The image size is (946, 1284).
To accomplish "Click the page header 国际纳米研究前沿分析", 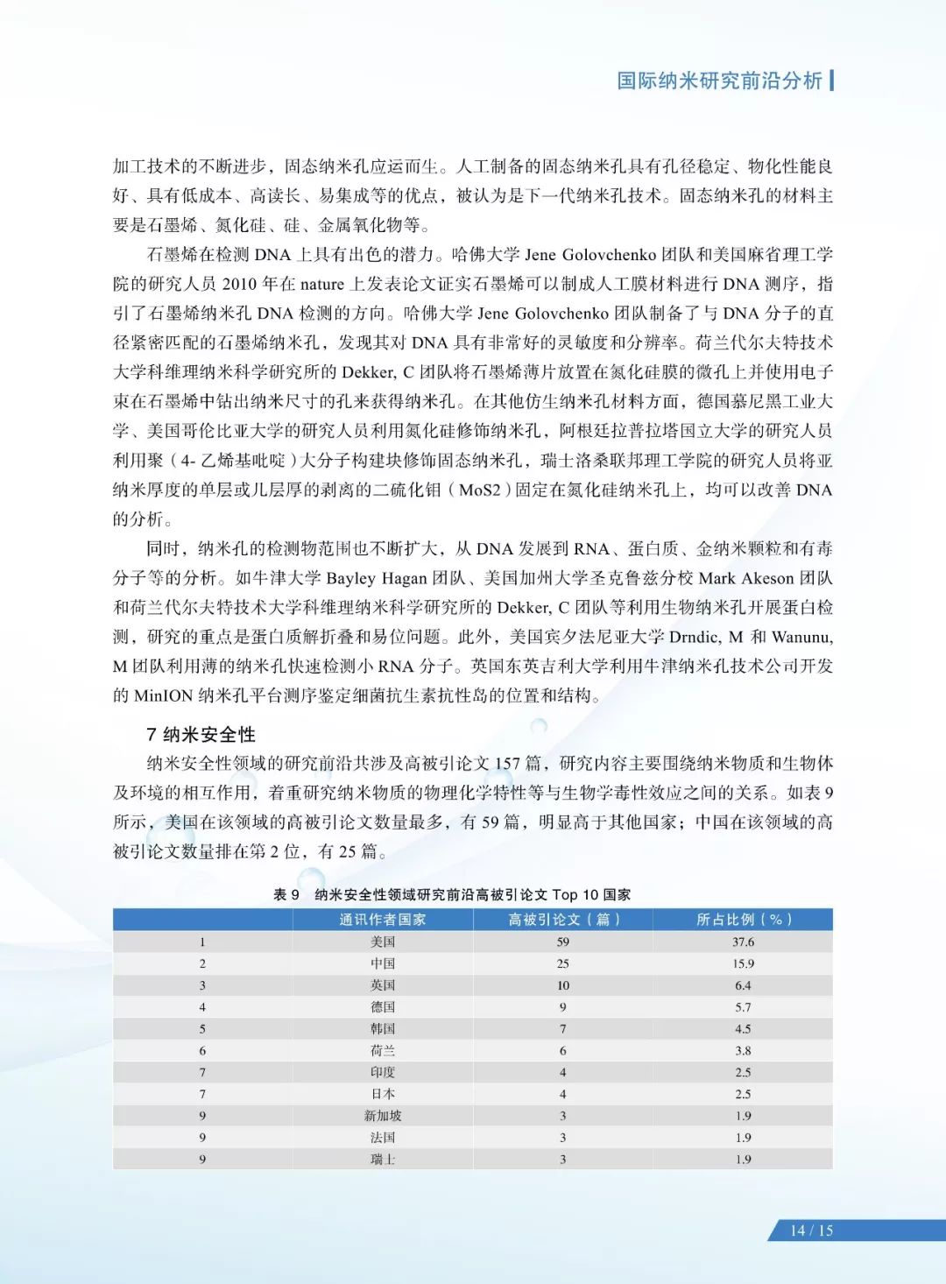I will pos(719,81).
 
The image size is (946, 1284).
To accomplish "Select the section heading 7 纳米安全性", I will pos(201,734).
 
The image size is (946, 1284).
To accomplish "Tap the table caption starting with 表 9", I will pos(452,894).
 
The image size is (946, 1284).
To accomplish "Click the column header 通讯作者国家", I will pos(383,919).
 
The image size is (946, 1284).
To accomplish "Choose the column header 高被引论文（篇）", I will pos(563,919).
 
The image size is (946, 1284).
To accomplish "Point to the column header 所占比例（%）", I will pos(743,919).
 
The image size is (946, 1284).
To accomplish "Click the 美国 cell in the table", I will pos(383,942).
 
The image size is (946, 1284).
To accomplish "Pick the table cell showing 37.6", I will pos(743,942).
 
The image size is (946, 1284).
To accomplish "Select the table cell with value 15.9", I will pos(743,963).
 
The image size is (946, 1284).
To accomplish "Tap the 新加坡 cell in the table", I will pos(383,1116).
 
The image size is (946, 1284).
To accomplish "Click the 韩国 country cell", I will pos(383,1029).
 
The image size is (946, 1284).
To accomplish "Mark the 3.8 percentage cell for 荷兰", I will pos(743,1050).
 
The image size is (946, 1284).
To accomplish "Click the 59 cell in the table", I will pos(563,942).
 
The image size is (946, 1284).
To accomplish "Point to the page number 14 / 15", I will pos(811,1231).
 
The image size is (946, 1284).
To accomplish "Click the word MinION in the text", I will pos(164,696).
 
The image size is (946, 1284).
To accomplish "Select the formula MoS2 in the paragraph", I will pos(480,490).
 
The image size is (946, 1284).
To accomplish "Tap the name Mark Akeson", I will pos(741,578).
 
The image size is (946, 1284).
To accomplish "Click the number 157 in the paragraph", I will pos(507,764).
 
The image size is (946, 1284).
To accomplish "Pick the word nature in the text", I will pos(322,284).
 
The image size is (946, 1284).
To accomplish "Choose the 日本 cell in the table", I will pos(383,1094).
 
